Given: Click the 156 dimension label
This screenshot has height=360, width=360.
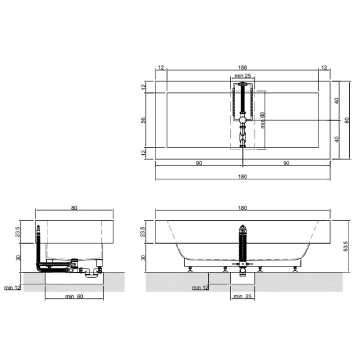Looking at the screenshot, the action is tap(242, 67).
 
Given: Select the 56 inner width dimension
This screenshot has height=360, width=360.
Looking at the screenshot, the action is tap(143, 120).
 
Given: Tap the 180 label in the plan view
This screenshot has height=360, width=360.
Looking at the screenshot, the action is tap(242, 176).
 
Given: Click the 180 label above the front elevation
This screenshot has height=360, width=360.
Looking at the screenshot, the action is tap(242, 208).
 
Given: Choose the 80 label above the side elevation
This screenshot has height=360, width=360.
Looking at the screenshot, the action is tap(74, 208).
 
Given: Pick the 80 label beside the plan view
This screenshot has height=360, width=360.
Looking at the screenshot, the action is tap(347, 120).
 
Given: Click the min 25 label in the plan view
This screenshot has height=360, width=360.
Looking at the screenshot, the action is tap(242, 76).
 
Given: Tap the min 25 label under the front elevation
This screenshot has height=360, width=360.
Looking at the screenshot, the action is tap(242, 296).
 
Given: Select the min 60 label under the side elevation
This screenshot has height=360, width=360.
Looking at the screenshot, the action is tap(74, 296).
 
